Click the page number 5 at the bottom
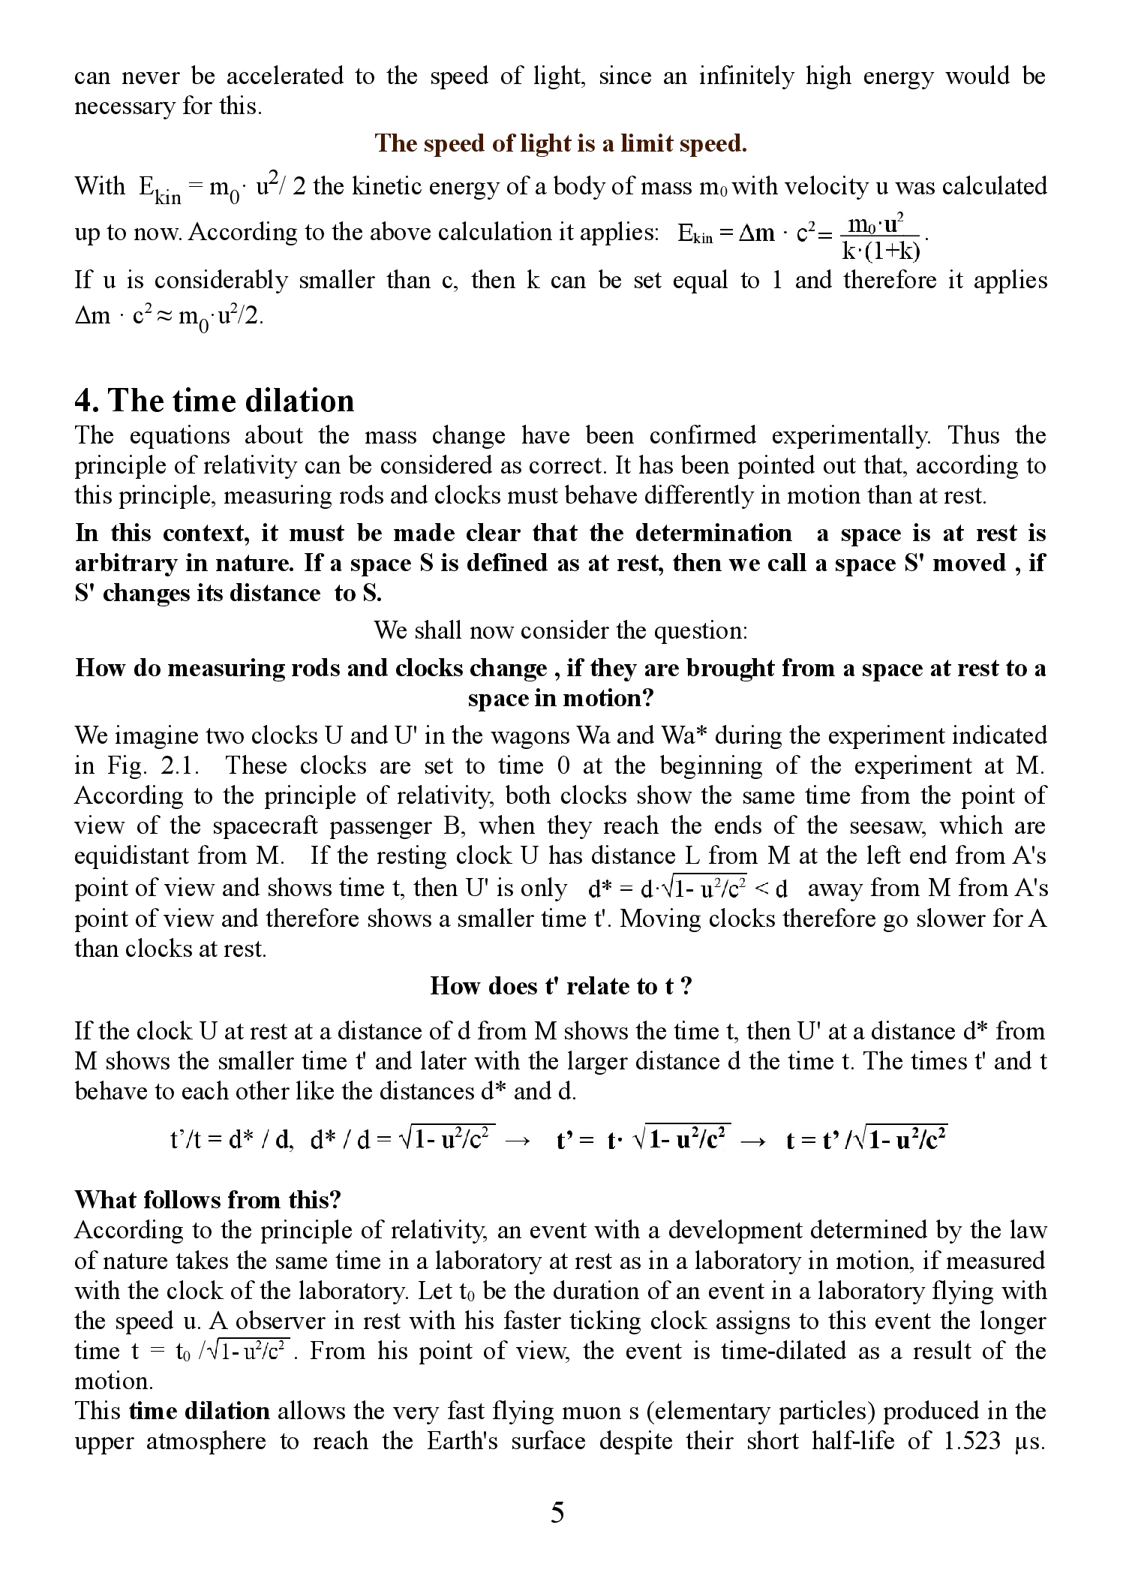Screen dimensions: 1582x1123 pos(557,1511)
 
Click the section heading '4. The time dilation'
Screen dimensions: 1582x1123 pos(215,401)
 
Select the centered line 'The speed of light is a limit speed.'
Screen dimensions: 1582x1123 pos(560,143)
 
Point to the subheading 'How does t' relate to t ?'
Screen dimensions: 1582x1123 pos(560,985)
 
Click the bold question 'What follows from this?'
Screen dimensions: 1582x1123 pos(208,1199)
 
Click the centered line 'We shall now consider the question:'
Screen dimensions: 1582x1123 pos(560,630)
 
